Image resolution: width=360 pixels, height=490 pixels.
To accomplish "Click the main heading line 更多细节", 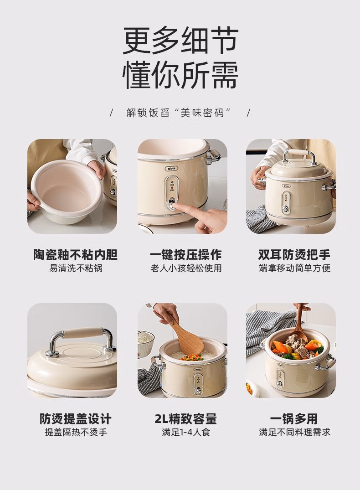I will pos(180,41).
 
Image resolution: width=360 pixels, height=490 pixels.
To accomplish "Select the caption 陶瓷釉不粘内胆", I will pos(76,254).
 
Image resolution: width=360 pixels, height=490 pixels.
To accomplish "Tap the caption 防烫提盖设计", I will pos(76,418).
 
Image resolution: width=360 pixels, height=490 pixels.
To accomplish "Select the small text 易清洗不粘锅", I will pos(76,268).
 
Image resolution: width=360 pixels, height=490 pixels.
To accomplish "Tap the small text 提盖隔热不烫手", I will pos(76,432).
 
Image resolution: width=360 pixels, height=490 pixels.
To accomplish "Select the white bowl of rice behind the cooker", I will pos(145,339).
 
